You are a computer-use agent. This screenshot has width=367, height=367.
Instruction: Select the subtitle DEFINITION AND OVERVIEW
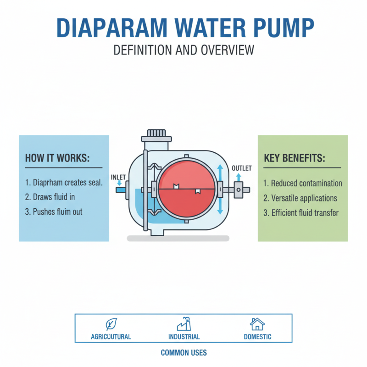tap(183, 50)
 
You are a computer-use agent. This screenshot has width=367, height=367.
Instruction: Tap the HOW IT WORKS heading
tap(57, 158)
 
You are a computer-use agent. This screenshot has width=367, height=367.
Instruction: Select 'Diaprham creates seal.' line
tap(64, 183)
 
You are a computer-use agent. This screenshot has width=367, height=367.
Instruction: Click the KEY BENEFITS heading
tap(295, 158)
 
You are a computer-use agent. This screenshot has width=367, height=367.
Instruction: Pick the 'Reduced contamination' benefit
tap(303, 183)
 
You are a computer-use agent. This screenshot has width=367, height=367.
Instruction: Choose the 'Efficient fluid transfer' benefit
tap(301, 213)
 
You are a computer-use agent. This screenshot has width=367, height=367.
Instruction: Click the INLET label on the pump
tap(118, 177)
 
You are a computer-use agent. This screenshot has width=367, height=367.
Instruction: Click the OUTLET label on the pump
tap(242, 168)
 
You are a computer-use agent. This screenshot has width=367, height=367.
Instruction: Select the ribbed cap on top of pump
tap(156, 133)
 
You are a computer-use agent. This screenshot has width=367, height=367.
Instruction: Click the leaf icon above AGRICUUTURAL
tap(111, 324)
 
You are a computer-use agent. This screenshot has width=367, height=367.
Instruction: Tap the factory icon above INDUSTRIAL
tap(183, 324)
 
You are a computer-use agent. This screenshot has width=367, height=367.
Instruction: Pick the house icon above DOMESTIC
tap(257, 324)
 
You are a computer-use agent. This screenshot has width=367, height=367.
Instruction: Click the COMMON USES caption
tap(183, 353)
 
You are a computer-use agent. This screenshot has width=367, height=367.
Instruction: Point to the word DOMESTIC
tap(257, 337)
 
